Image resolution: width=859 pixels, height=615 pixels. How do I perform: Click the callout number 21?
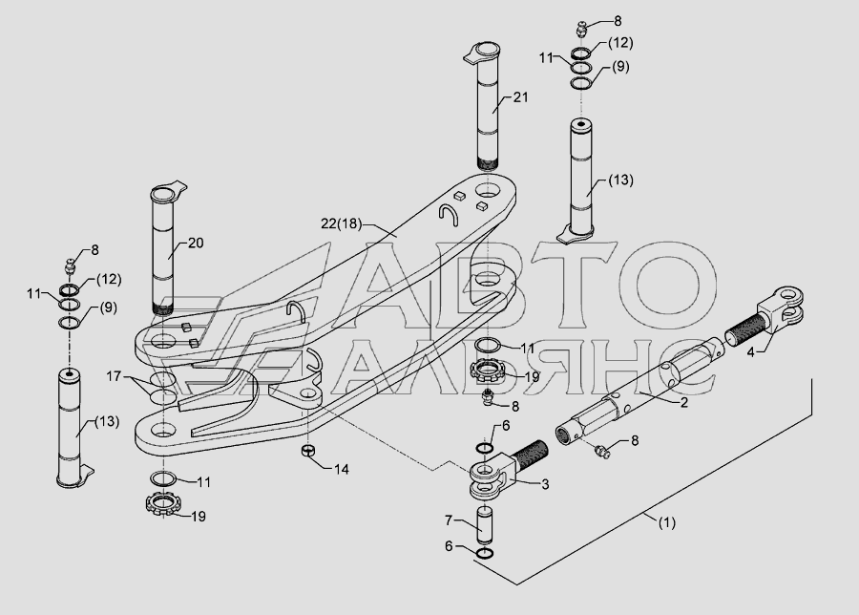(520, 97)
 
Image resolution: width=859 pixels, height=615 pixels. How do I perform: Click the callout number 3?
(545, 484)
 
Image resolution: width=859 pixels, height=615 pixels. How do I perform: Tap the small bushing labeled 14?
(308, 451)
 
